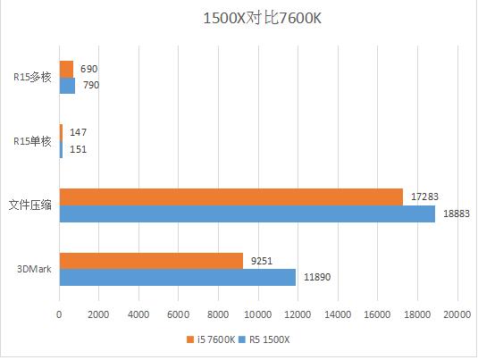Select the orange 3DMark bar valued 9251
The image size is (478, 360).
151,261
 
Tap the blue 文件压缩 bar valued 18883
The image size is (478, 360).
247,213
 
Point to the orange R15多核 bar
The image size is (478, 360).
66,69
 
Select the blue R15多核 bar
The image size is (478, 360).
67,85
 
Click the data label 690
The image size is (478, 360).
89,69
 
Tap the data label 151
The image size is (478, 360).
78,149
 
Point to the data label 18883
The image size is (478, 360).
457,213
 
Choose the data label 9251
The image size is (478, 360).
263,261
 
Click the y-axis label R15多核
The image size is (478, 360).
32,77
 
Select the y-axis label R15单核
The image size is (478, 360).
32,141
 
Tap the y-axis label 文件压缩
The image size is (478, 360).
29,205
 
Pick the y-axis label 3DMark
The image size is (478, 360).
32,269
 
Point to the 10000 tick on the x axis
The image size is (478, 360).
258,314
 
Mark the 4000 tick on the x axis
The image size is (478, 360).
138,314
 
